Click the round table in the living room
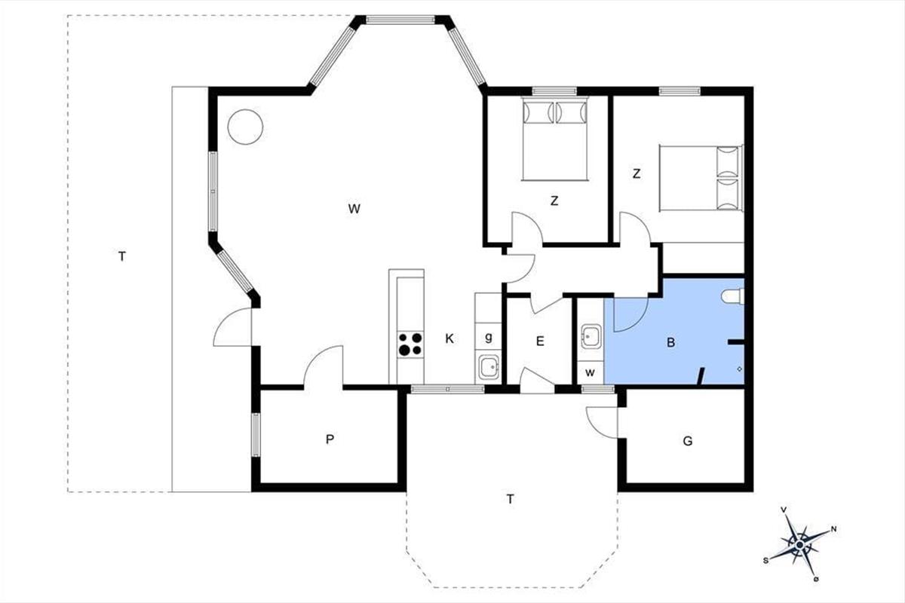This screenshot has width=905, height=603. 245,127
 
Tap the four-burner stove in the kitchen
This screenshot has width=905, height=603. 410,344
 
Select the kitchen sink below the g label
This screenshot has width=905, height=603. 489,367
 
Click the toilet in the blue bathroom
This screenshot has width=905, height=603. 732,296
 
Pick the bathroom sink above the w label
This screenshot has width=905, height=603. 591,336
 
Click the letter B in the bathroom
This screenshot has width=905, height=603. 670,342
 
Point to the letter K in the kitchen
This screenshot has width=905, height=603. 449,338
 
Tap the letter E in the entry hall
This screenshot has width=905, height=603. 540,341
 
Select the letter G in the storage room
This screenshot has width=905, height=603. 688,441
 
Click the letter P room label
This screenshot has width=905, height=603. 330,439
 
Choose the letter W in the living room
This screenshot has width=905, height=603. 354,209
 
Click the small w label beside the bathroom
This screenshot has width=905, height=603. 590,372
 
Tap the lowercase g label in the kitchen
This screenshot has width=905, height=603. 489,337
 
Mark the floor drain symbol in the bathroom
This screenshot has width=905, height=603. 740,369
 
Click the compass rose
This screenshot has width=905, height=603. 800,546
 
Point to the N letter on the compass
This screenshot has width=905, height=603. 833,529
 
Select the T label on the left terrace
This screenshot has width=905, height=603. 122,256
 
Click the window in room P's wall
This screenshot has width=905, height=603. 256,435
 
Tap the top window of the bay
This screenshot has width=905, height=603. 400,20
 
